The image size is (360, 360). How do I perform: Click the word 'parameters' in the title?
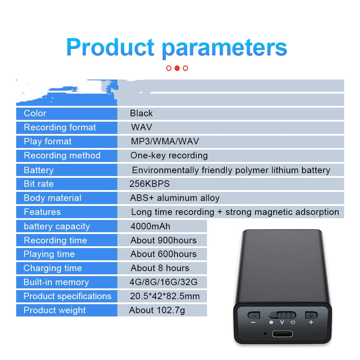pyautogui.click(x=224, y=48)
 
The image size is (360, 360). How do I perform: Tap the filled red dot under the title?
pyautogui.click(x=177, y=68)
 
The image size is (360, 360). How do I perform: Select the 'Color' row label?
pyautogui.click(x=35, y=113)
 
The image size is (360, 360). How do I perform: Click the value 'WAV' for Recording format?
pyautogui.click(x=141, y=127)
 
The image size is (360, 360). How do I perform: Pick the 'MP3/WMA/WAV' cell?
pyautogui.click(x=165, y=141)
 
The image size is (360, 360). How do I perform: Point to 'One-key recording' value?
pyautogui.click(x=169, y=156)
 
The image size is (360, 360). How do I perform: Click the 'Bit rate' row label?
pyautogui.click(x=39, y=184)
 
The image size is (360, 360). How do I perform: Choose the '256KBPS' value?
pyautogui.click(x=149, y=184)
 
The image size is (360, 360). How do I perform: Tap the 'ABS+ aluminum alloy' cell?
pyautogui.click(x=175, y=198)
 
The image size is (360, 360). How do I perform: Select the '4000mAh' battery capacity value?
pyautogui.click(x=150, y=226)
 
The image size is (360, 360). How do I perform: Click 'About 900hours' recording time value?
pyautogui.click(x=163, y=240)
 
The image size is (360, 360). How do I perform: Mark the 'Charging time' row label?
pyautogui.click(x=53, y=268)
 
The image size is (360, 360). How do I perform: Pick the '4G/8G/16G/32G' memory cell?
pyautogui.click(x=163, y=282)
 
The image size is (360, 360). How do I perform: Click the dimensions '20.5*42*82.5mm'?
pyautogui.click(x=165, y=296)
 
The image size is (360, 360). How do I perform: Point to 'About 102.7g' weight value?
pyautogui.click(x=157, y=310)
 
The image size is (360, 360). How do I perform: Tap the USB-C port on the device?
pyautogui.click(x=282, y=334)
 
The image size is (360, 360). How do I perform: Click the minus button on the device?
pyautogui.click(x=254, y=315)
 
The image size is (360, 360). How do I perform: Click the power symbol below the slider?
pyautogui.click(x=293, y=322)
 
